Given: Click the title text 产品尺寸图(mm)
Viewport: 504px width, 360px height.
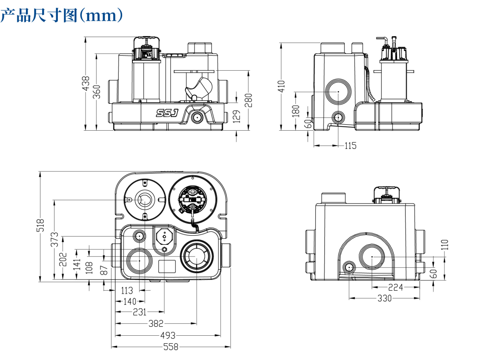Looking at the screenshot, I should [62, 16].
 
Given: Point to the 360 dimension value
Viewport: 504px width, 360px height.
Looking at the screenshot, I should [97, 91].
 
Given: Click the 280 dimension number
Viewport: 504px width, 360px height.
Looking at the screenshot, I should [249, 100].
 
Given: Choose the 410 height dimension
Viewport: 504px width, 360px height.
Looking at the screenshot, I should [281, 86].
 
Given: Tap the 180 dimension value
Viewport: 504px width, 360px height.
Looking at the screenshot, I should [297, 111].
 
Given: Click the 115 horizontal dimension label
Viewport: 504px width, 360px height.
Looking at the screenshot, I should [350, 146].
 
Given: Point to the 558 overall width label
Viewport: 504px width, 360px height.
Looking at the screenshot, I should [170, 347].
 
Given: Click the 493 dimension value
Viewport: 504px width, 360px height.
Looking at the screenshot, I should [168, 336].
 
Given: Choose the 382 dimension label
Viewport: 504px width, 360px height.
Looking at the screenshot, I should [156, 324].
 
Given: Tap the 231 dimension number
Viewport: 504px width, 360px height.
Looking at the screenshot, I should [140, 312].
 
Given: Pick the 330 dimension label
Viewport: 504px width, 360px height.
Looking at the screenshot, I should [384, 298].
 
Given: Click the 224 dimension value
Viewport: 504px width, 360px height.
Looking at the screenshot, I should [395, 287].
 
